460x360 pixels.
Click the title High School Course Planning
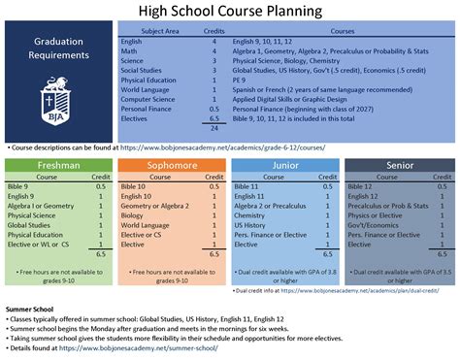(x=229, y=11)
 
